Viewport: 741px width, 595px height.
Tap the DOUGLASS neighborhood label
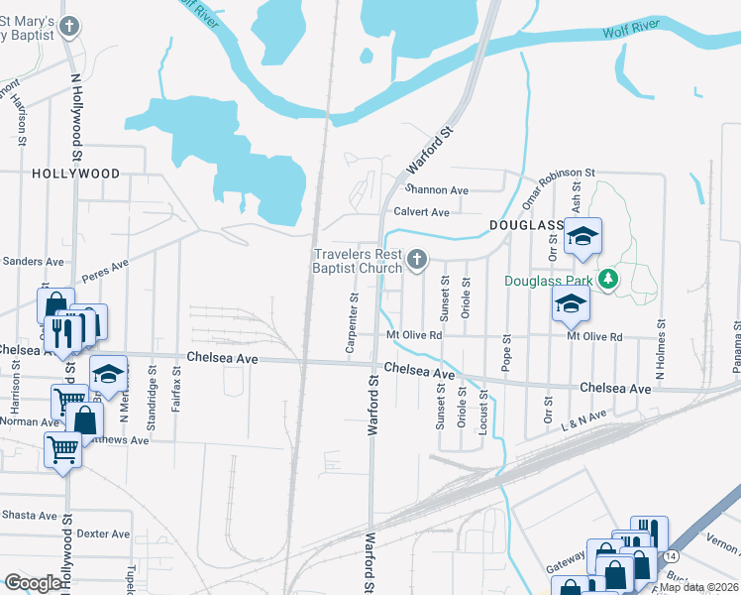[526, 226]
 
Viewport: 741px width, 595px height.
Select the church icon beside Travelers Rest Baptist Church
[417, 261]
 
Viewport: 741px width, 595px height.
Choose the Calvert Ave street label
[422, 212]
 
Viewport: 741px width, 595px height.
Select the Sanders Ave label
[34, 262]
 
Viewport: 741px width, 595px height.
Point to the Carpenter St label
[352, 323]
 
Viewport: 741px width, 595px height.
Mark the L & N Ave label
[582, 418]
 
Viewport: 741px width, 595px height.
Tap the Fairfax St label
[175, 390]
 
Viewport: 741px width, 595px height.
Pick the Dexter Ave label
[104, 534]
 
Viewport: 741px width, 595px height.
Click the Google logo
[33, 583]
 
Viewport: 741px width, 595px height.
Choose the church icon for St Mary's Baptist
[68, 27]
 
